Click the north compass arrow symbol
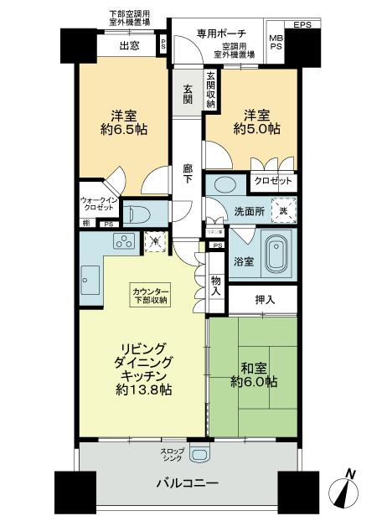click(x=349, y=490)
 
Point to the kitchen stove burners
click(x=122, y=243)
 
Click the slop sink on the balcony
click(x=199, y=455)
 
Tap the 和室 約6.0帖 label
click(x=253, y=375)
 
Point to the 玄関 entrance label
click(x=186, y=94)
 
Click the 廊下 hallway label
click(x=188, y=175)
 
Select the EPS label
click(x=302, y=25)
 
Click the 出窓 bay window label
click(x=128, y=45)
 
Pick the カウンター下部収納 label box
click(x=150, y=295)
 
